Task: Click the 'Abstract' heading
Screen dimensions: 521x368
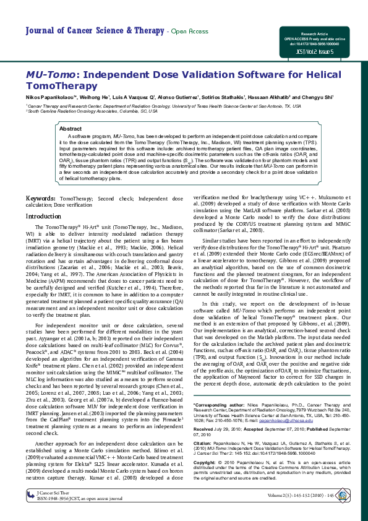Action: [72, 128]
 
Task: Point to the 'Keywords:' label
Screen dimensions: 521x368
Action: [41, 199]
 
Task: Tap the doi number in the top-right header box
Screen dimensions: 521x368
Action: [316, 43]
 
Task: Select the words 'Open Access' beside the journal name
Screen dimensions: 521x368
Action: [189, 31]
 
